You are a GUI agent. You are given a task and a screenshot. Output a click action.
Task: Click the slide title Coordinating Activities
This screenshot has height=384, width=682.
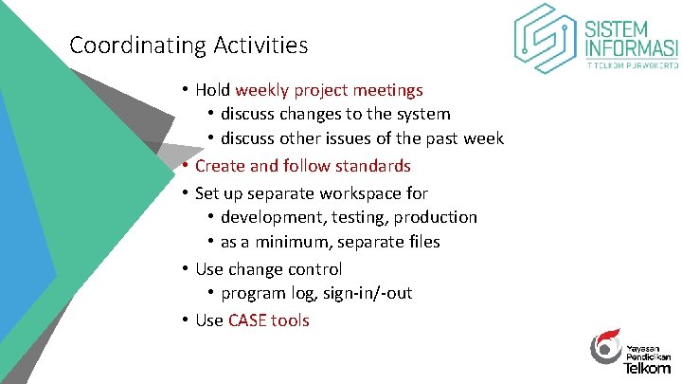tap(188, 45)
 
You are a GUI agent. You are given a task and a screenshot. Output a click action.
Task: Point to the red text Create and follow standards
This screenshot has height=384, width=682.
tap(302, 166)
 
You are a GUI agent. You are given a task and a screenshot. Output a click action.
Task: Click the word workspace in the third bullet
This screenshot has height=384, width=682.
tap(357, 192)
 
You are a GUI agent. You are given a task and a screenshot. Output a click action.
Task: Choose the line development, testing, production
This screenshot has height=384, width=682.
tap(349, 217)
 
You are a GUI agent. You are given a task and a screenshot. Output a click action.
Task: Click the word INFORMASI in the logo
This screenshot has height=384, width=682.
tap(632, 48)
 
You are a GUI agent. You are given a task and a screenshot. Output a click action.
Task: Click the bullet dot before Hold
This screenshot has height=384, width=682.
tap(185, 91)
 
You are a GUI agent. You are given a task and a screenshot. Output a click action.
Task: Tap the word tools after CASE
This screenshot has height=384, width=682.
tap(290, 320)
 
